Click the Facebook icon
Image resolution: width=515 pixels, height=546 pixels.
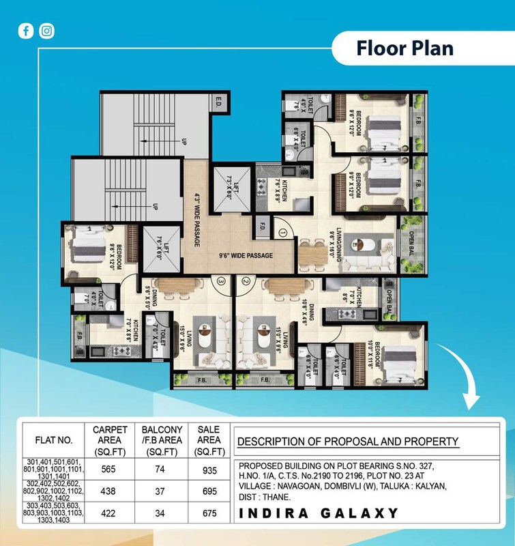[25, 31]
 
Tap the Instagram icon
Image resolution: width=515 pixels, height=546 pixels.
[46, 31]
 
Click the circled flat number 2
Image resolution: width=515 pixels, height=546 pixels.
[245, 281]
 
